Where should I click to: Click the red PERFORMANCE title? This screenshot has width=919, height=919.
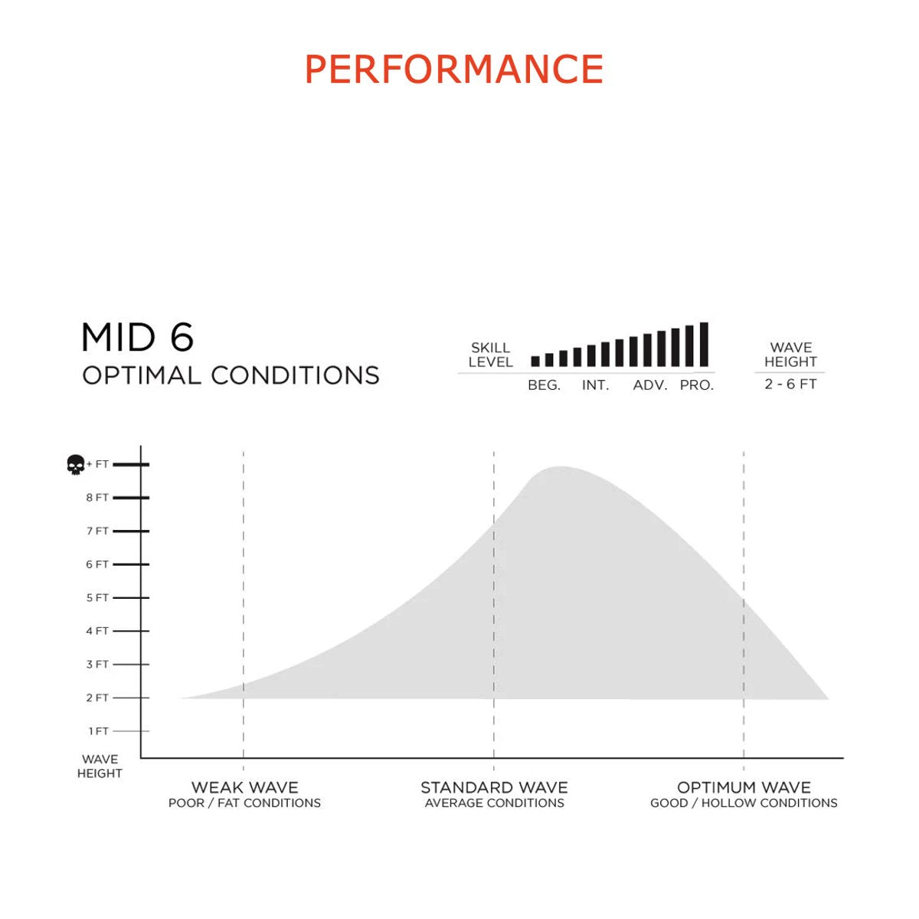click(453, 69)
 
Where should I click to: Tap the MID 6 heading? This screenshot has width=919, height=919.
click(137, 337)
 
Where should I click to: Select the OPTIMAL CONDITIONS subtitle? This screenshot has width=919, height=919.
click(231, 375)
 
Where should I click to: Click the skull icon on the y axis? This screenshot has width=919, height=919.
click(75, 465)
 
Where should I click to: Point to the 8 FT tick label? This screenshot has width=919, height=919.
click(97, 498)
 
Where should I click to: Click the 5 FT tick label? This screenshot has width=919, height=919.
click(97, 597)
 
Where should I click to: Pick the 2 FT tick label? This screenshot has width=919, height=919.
click(97, 698)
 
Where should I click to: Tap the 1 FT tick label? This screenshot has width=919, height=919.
click(98, 731)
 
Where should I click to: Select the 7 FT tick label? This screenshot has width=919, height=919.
click(97, 531)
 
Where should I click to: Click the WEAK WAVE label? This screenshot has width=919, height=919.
click(244, 787)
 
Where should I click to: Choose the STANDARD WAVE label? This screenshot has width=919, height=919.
click(494, 787)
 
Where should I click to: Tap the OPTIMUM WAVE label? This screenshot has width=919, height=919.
click(744, 787)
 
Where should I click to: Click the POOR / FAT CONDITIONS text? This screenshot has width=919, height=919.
click(244, 803)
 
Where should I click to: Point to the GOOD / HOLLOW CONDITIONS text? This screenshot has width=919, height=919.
click(744, 803)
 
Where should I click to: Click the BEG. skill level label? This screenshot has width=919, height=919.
click(545, 385)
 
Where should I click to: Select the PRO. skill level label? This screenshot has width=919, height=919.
click(697, 385)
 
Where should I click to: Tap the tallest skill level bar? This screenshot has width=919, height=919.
click(704, 345)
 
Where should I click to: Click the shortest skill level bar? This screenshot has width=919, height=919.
click(535, 361)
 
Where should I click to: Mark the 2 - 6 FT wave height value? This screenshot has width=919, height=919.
click(790, 384)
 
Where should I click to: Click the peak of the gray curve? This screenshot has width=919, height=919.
click(561, 467)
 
